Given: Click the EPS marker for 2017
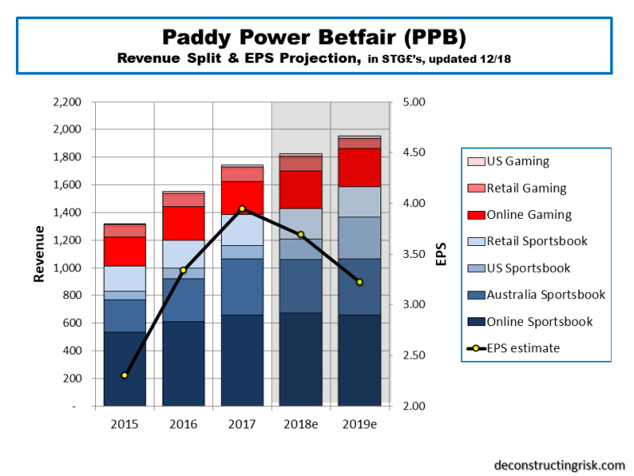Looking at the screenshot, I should pyautogui.click(x=243, y=209).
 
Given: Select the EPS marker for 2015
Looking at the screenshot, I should pyautogui.click(x=124, y=375).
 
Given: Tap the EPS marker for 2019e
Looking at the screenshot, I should pyautogui.click(x=359, y=282).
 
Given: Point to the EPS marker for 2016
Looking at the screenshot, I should pyautogui.click(x=183, y=271).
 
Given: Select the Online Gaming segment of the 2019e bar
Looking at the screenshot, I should pyautogui.click(x=359, y=167).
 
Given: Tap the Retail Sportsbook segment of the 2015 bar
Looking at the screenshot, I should pyautogui.click(x=124, y=278).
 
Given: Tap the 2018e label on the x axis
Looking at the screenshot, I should pyautogui.click(x=301, y=424).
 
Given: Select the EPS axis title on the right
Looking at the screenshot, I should pyautogui.click(x=444, y=254).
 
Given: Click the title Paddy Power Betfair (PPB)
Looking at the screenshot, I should pyautogui.click(x=314, y=36).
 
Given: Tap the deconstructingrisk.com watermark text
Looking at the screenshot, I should pyautogui.click(x=559, y=464).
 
